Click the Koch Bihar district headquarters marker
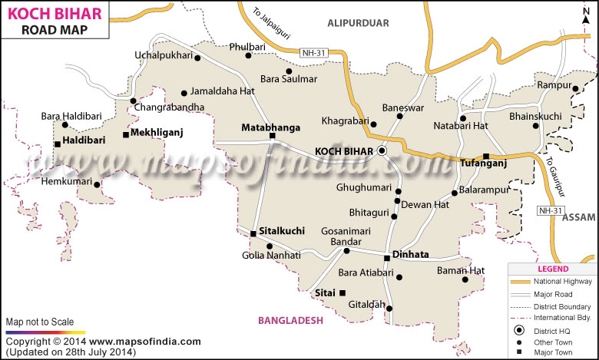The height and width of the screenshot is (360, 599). (x=382, y=151)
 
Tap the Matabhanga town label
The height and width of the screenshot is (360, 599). (x=270, y=127)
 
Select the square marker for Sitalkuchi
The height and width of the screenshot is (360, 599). (x=253, y=234)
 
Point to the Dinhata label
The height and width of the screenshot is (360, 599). (x=410, y=254)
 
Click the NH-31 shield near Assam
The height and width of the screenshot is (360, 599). (x=551, y=211)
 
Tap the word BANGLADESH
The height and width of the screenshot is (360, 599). (x=290, y=320)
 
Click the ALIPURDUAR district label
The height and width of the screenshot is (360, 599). (x=358, y=22)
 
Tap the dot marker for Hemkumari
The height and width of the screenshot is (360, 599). (x=98, y=183)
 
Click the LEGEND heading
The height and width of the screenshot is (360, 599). (x=553, y=269)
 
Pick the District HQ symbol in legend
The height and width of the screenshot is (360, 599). (x=520, y=330)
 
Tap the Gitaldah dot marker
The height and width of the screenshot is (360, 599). (x=389, y=309)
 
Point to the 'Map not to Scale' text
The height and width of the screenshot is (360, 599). (x=40, y=321)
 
